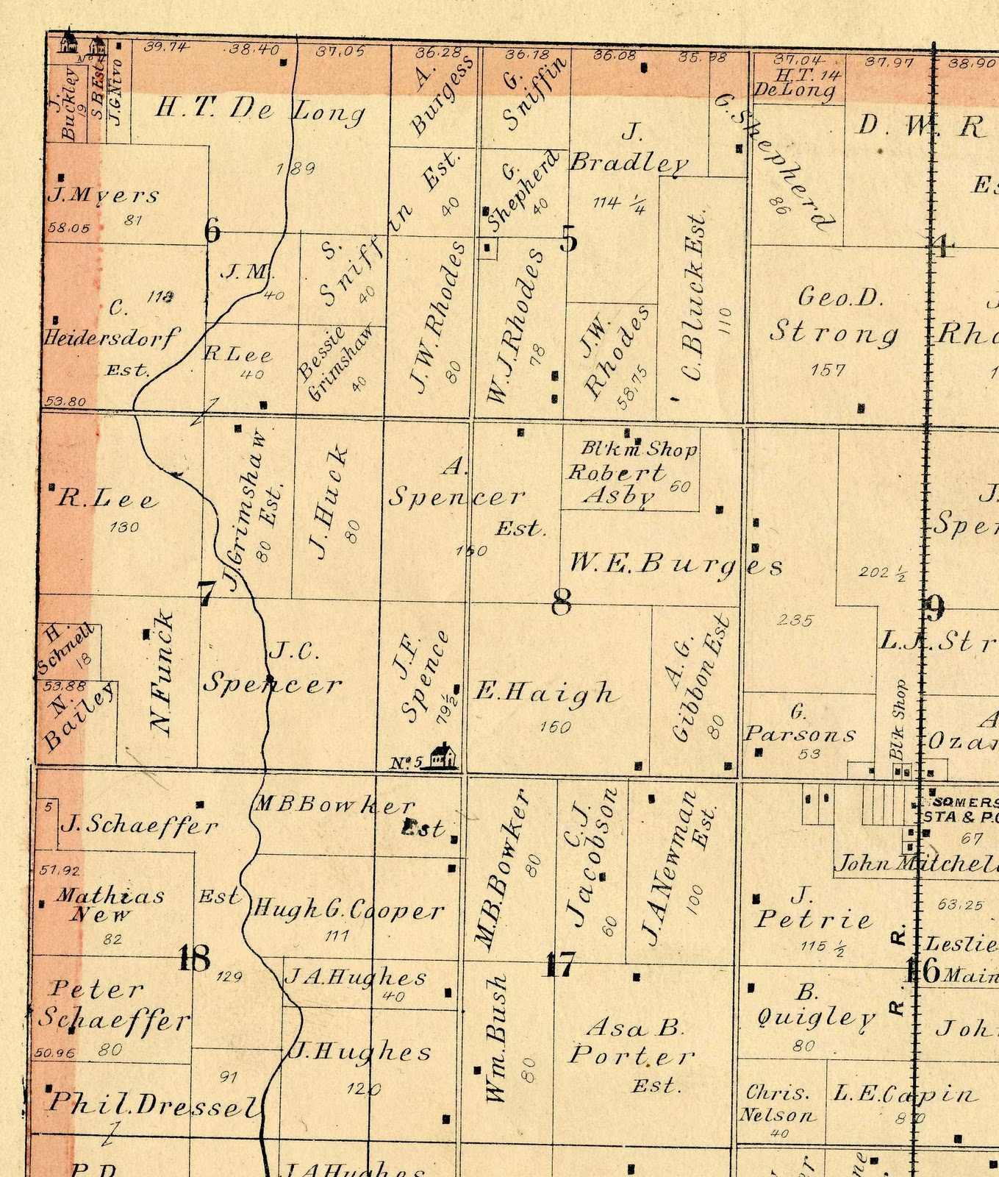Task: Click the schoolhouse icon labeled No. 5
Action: (x=442, y=756)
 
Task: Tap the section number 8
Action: (x=562, y=602)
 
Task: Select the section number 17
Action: (x=559, y=964)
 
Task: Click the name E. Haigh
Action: (x=545, y=692)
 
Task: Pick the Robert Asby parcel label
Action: (x=616, y=483)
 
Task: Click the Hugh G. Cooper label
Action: (x=348, y=911)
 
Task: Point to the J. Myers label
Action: (x=103, y=196)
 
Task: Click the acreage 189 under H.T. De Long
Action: (x=296, y=168)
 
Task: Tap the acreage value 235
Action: (x=795, y=620)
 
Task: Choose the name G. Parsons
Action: (x=800, y=725)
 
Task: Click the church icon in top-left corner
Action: (x=68, y=41)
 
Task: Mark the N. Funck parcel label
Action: (x=161, y=673)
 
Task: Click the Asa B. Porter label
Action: (x=631, y=1043)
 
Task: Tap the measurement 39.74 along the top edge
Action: (x=166, y=47)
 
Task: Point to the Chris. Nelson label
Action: (x=778, y=1103)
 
